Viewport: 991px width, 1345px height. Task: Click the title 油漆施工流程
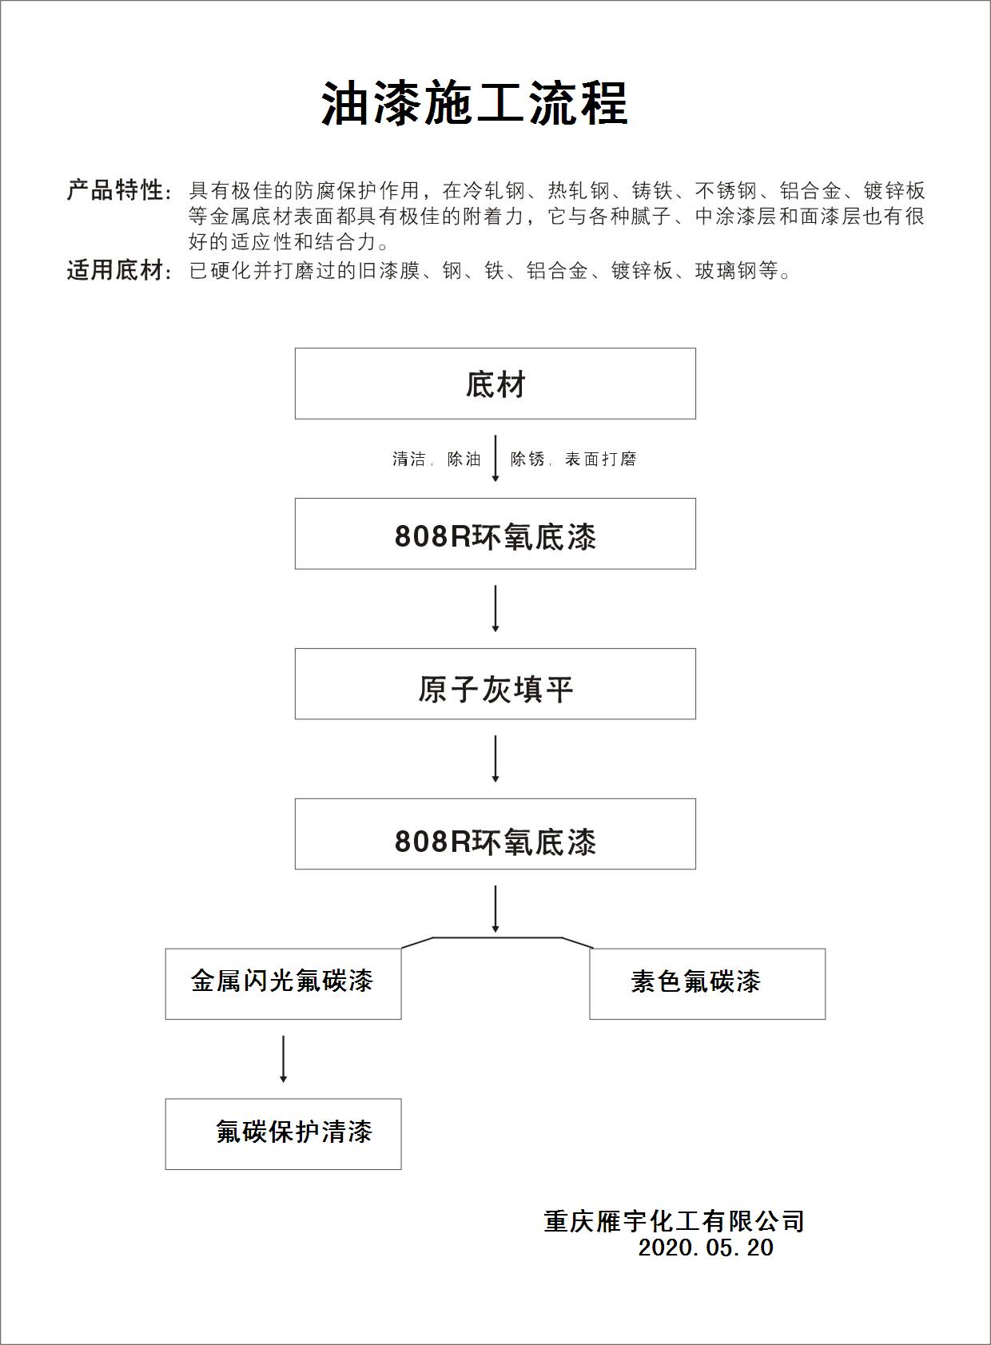[x=475, y=104]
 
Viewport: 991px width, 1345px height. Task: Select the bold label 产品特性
[x=115, y=190]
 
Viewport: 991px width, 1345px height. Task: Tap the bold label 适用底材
[x=115, y=271]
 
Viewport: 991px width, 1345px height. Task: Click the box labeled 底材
[x=495, y=384]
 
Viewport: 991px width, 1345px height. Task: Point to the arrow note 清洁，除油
[x=436, y=460]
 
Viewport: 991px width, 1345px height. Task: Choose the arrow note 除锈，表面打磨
[x=573, y=460]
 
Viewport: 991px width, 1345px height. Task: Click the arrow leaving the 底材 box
[x=495, y=458]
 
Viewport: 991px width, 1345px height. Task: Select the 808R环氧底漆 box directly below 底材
[x=495, y=534]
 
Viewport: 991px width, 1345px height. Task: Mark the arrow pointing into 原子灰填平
[x=495, y=608]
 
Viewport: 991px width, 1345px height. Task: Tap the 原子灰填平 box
[x=495, y=684]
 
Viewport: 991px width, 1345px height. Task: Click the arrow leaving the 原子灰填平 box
[x=495, y=758]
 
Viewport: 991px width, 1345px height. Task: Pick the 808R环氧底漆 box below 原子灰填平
[x=495, y=834]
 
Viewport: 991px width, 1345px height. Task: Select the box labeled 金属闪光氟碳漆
[x=283, y=984]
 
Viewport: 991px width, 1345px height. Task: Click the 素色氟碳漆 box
[x=706, y=984]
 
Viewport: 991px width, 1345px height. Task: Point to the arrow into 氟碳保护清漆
[x=284, y=1059]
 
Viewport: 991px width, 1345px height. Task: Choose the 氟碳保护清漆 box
[x=283, y=1134]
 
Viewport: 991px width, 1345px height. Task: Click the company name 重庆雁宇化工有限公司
[x=674, y=1221]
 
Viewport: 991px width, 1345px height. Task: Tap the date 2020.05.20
[x=706, y=1248]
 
